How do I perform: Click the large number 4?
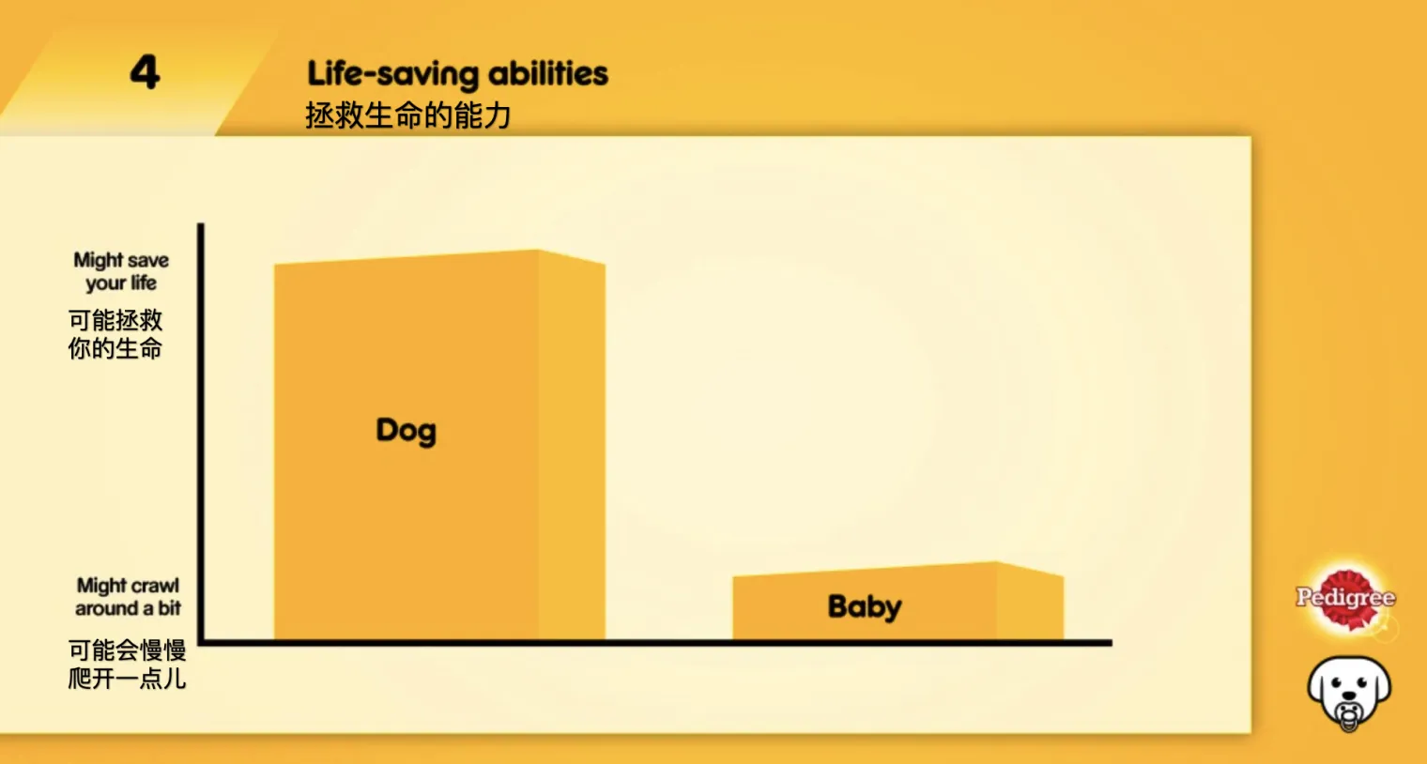(x=145, y=71)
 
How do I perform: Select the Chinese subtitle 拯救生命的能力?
(x=407, y=115)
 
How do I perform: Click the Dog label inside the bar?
(x=406, y=432)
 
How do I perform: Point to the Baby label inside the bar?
(x=865, y=606)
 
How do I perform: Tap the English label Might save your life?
(x=121, y=271)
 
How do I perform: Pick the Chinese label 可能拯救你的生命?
(x=115, y=334)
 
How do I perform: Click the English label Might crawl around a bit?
(x=128, y=597)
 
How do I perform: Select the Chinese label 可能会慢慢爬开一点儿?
(x=127, y=665)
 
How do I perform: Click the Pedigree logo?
(x=1345, y=598)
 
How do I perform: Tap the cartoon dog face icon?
(x=1349, y=694)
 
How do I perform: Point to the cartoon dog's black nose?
(x=1349, y=695)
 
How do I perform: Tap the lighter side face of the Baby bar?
(x=1030, y=601)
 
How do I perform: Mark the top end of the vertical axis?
(x=201, y=224)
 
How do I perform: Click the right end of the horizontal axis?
(x=1111, y=643)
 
